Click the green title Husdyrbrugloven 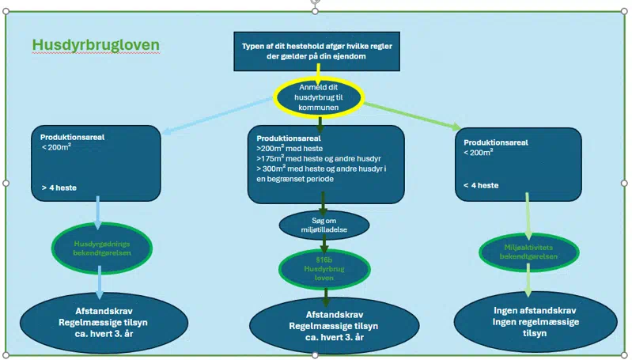96,46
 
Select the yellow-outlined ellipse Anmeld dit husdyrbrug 319,96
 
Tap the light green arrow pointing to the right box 411,115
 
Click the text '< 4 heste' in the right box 481,186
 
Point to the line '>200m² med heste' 290,148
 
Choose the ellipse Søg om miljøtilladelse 324,224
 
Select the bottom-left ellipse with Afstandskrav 100,323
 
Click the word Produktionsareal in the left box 73,137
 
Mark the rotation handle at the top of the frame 315,3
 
